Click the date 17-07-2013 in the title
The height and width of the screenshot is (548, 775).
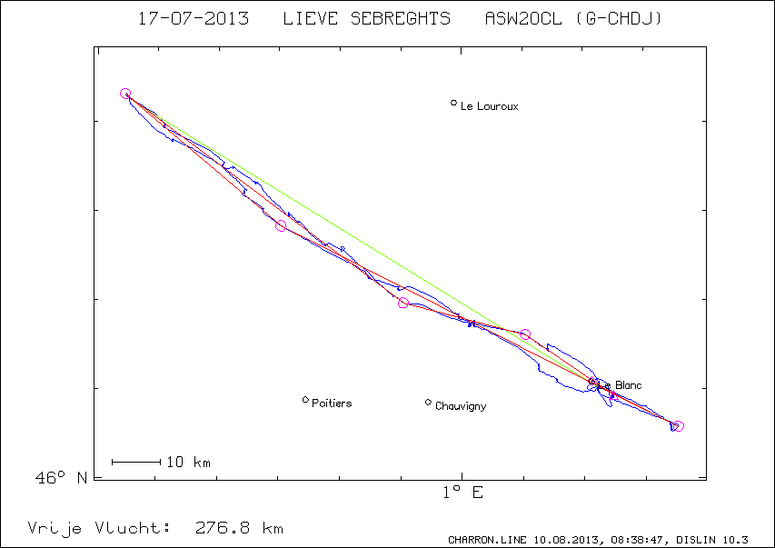(193, 18)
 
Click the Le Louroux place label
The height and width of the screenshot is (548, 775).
(490, 106)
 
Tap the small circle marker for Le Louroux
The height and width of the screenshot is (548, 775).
(454, 103)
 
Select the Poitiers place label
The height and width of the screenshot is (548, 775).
(332, 403)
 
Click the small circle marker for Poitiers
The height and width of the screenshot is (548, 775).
(305, 400)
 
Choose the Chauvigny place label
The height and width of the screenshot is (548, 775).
(461, 406)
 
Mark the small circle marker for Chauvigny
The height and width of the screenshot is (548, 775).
(428, 402)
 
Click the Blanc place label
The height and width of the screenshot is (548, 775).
(628, 385)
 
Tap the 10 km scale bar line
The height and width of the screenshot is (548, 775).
(136, 463)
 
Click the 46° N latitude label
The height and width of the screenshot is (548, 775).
(62, 477)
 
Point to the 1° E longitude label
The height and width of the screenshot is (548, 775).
(462, 493)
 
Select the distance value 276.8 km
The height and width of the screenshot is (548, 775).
(239, 528)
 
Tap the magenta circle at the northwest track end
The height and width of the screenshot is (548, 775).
(125, 94)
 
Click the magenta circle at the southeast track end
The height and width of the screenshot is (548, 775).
(678, 426)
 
